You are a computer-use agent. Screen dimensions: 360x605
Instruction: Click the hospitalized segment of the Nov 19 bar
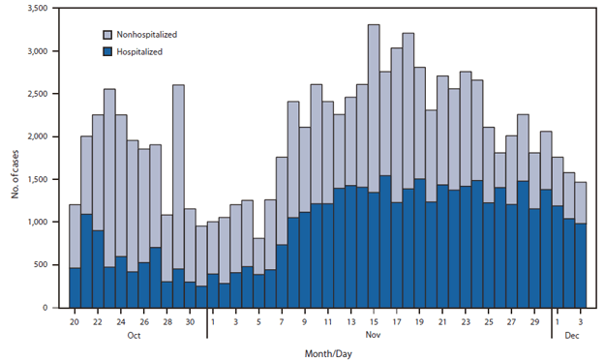pos(419,243)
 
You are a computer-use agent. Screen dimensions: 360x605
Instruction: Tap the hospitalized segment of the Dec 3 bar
pos(580,265)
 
